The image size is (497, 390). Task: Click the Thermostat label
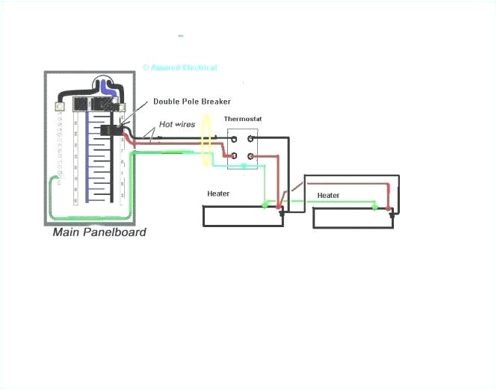point(242,120)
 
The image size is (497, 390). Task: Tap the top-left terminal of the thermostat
point(233,137)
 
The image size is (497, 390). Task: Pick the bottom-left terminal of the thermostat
point(233,155)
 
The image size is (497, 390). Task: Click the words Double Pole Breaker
point(192,102)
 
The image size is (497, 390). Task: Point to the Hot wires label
point(176,125)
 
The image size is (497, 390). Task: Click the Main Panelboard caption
point(99,232)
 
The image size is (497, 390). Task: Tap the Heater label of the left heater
point(218,194)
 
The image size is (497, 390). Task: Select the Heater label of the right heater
point(328,196)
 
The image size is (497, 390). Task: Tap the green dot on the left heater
point(264,203)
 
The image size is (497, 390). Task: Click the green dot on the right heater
point(374,203)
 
